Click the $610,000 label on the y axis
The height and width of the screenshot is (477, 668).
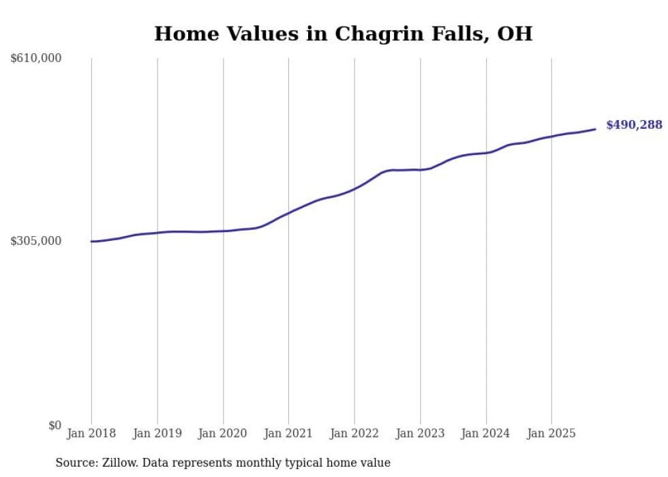[36, 59]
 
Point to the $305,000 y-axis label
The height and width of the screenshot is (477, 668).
[36, 241]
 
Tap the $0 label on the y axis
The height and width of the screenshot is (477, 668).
[55, 425]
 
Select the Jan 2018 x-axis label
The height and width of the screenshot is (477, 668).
[91, 433]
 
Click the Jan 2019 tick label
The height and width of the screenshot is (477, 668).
[157, 433]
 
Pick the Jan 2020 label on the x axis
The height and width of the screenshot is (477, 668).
[223, 433]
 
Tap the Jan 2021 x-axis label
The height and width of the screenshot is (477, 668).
[288, 433]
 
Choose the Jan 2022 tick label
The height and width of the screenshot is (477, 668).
[354, 433]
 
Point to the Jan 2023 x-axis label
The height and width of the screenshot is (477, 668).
[421, 433]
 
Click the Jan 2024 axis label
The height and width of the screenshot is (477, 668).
[486, 433]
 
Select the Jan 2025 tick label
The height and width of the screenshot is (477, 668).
[551, 433]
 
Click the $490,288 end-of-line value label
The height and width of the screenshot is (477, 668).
[634, 125]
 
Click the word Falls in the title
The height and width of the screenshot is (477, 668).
[444, 33]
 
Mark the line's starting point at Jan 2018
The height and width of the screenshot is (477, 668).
[92, 241]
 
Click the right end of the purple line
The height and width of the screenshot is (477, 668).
[595, 129]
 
